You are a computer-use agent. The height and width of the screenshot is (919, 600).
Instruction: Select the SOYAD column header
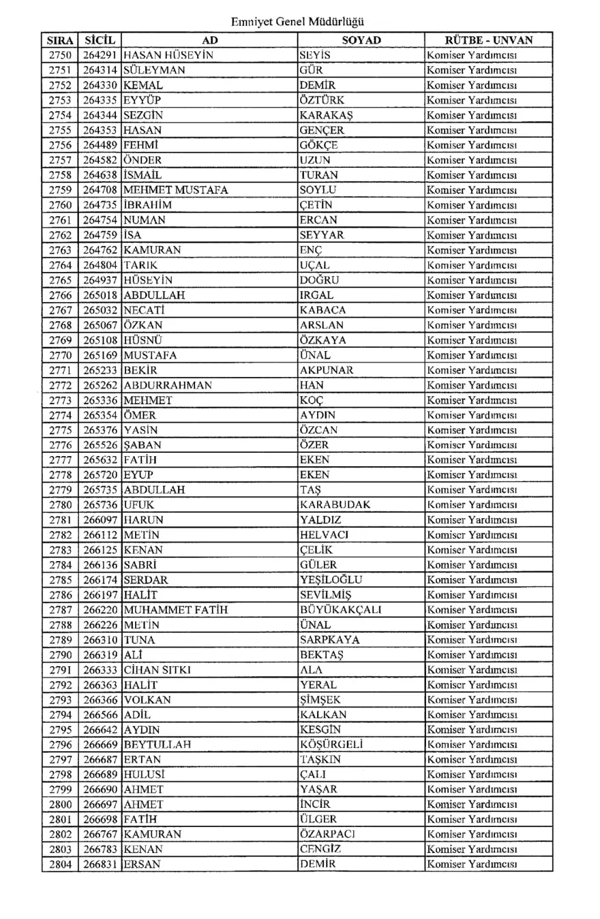pyautogui.click(x=361, y=41)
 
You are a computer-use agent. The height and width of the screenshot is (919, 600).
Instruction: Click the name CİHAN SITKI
pyautogui.click(x=157, y=669)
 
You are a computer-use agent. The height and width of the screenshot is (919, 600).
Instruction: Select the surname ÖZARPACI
pyautogui.click(x=328, y=832)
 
